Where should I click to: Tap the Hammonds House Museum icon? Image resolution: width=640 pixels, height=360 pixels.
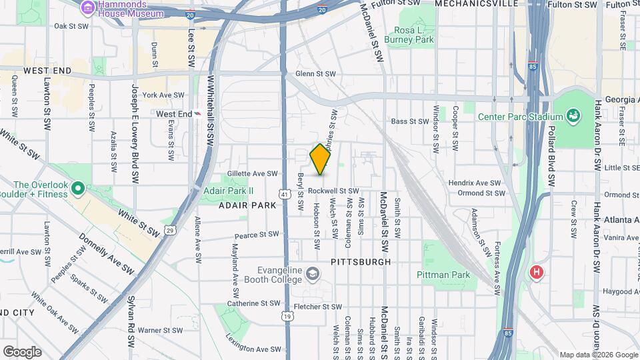point(87,7)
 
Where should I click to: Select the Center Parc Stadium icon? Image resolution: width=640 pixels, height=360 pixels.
point(572,117)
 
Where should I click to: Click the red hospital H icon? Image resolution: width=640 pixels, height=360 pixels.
point(536,272)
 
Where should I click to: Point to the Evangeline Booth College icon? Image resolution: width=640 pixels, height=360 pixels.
point(313,274)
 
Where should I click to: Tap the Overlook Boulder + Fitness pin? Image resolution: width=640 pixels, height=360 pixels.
point(77,189)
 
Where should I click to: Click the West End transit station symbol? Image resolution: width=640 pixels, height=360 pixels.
point(199,114)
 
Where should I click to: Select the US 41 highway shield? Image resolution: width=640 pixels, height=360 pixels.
point(285,194)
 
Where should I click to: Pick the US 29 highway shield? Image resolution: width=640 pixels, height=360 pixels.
point(171,230)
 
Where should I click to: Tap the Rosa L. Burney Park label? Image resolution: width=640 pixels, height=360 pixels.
point(414,35)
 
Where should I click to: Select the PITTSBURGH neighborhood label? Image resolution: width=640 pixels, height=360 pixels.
point(361,262)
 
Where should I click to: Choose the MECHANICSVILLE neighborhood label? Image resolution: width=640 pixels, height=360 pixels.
point(476,4)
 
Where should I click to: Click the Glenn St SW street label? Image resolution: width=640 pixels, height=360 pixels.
point(315,75)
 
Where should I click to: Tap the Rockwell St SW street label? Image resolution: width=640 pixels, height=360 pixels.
point(338,191)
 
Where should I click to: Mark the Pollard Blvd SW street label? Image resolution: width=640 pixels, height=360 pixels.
point(551,161)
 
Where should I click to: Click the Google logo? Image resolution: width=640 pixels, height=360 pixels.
point(22,351)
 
